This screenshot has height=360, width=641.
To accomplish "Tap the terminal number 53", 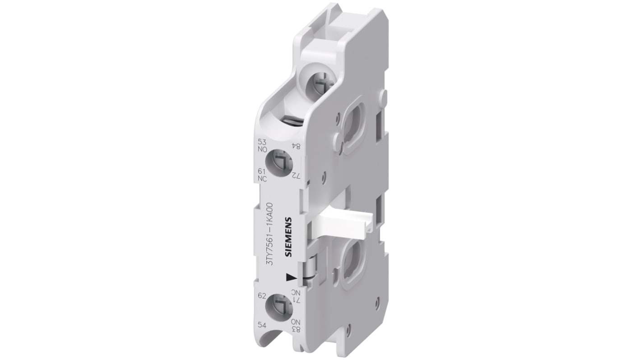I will [261, 141].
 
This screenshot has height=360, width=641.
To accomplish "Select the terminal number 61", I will [261, 171].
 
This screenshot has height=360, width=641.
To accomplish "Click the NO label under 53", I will [261, 147].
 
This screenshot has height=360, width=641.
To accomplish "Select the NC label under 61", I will [261, 178].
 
